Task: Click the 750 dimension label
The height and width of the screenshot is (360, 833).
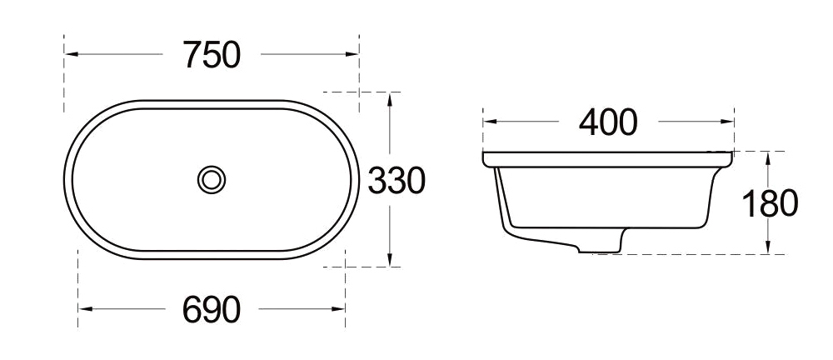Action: pos(212,55)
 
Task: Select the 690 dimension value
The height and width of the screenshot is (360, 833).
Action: pos(212,310)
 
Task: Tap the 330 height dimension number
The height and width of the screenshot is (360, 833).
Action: pos(397,180)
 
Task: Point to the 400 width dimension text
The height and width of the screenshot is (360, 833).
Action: pos(608,122)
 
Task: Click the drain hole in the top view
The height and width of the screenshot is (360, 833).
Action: pos(212,179)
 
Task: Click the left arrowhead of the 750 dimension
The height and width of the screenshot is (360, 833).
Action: pos(70,55)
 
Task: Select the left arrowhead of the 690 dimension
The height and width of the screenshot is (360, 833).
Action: pos(83,310)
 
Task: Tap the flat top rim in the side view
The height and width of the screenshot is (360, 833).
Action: pos(608,157)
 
